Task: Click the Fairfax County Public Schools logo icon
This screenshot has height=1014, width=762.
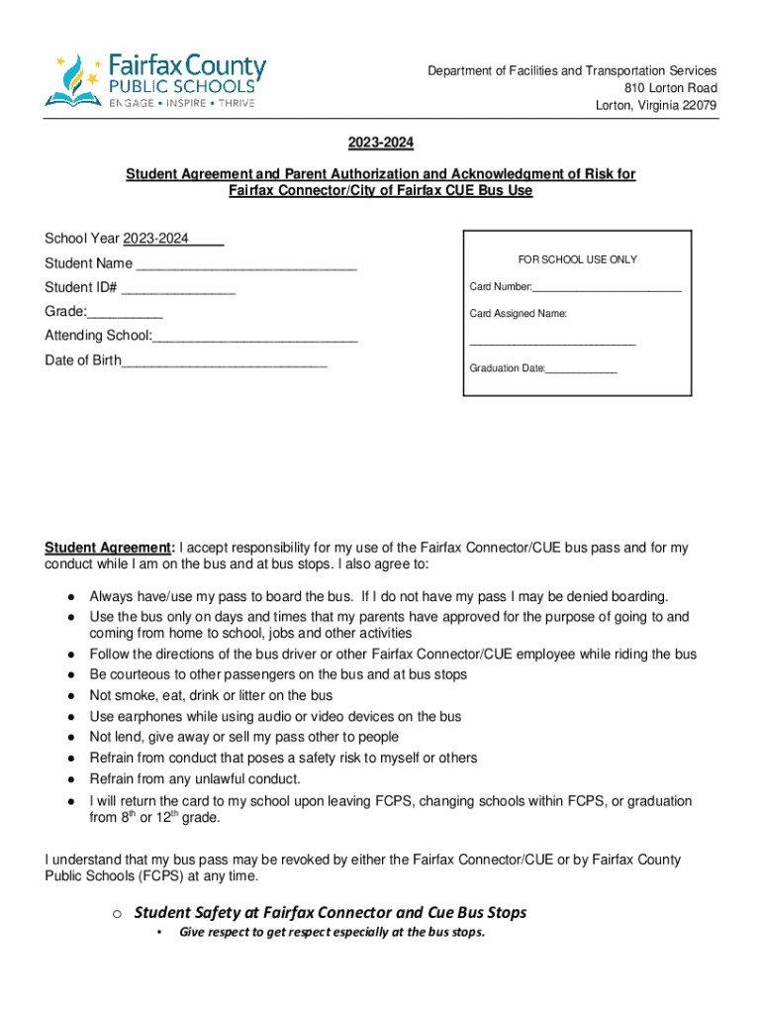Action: coord(73,79)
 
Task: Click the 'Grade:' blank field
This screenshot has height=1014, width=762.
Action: coord(125,312)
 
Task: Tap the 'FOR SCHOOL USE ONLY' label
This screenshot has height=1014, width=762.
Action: coord(577,259)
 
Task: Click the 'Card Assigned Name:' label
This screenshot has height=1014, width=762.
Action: coord(518,314)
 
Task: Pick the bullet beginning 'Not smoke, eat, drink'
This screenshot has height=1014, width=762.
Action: coord(211,695)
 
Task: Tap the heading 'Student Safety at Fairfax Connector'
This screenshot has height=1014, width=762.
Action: coord(330,912)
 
